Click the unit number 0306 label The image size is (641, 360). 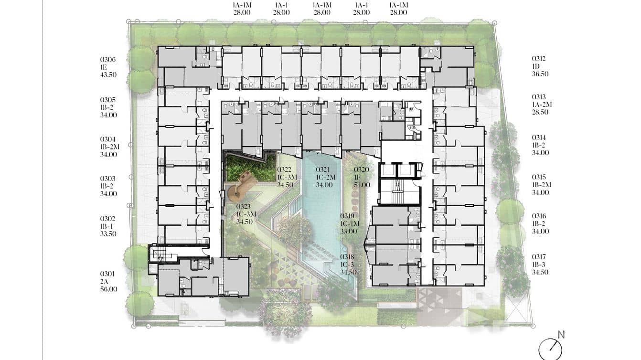tap(108, 60)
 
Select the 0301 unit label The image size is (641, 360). tap(107, 274)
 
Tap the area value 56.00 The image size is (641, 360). tap(109, 289)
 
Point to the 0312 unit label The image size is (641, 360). tap(539, 59)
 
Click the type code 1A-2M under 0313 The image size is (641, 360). tap(542, 105)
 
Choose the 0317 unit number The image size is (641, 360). tap(539, 257)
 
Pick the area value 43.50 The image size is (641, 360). tap(108, 75)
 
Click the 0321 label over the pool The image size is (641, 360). tap(323, 170)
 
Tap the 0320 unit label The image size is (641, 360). tap(362, 170)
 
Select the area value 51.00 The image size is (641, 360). tap(362, 185)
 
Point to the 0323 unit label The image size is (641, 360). tap(244, 207)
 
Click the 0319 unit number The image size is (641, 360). tap(347, 216)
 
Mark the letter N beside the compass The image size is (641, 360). tap(561, 335)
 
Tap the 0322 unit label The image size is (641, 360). tap(285, 170)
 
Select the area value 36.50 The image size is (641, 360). tap(540, 74)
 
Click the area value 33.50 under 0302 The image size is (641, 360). tap(108, 234)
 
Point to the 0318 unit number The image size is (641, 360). tap(347, 257)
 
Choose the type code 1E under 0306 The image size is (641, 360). tap(103, 67)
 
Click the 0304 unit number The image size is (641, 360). tap(108, 139)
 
